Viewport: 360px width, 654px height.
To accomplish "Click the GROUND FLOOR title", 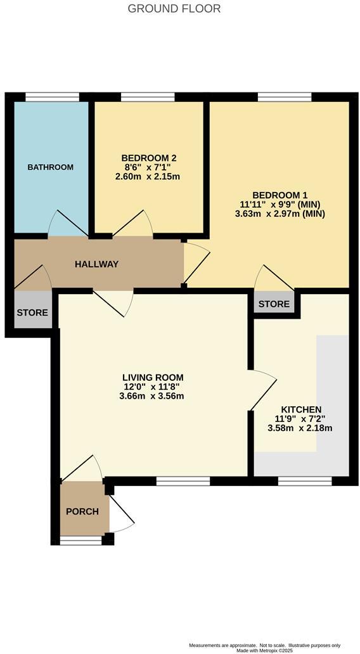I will [174, 9].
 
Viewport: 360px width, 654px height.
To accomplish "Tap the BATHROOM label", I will [51, 167].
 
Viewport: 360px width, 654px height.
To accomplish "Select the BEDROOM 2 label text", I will [148, 158].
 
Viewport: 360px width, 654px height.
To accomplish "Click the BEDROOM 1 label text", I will [280, 195].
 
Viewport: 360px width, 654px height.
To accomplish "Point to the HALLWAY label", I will [97, 264].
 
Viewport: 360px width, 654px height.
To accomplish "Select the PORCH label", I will [82, 511].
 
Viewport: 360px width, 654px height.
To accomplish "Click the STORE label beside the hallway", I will [32, 312].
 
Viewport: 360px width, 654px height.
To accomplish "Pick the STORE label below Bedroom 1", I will [274, 304].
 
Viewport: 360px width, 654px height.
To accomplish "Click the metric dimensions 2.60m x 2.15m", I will [148, 177].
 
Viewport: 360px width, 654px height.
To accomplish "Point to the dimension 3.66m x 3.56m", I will [153, 396].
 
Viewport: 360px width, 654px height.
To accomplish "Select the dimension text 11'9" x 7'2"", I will [300, 419].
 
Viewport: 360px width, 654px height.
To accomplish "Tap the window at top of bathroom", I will [52, 97].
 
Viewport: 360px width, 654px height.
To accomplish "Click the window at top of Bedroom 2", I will [148, 97].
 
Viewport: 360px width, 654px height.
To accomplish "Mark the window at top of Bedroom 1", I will [285, 97].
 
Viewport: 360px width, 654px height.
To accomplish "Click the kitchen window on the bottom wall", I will [305, 482].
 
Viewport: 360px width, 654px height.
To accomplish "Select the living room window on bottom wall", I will [183, 482].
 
